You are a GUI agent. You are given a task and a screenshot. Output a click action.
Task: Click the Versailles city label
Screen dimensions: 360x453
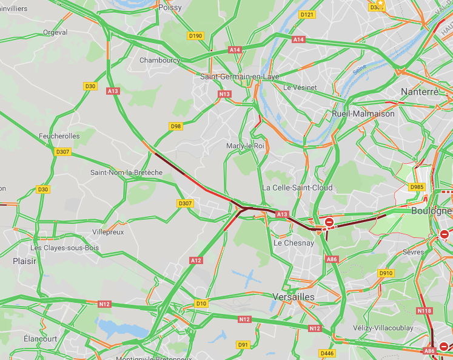[x=294, y=297]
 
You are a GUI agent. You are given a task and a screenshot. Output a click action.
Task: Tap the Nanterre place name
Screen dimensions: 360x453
[x=420, y=92]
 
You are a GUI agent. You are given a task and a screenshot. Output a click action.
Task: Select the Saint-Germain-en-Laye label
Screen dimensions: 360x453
[x=240, y=77]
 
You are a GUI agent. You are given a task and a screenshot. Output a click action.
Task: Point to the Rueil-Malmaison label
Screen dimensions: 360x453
[x=363, y=114]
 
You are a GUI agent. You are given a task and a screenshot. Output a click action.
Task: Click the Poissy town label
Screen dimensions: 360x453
[x=170, y=7]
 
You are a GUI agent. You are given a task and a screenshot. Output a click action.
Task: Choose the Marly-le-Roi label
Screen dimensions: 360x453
[x=246, y=146]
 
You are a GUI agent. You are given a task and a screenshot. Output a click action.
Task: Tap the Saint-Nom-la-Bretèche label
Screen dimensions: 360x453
[x=126, y=172]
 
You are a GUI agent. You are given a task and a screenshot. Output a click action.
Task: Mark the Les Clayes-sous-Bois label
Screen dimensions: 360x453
[x=65, y=248]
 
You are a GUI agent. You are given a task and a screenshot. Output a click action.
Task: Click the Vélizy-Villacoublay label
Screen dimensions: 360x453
[x=383, y=328]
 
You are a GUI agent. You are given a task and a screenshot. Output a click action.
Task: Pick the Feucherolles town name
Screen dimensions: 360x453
[x=59, y=136]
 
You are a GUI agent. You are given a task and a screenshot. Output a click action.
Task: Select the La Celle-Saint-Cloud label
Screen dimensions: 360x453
[x=297, y=188]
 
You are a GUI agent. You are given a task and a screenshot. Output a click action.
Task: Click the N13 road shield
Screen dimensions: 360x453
[x=225, y=95]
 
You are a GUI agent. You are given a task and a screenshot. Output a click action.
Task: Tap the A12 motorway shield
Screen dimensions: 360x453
[x=195, y=260]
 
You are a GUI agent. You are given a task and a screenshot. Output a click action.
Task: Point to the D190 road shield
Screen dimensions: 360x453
[x=195, y=36]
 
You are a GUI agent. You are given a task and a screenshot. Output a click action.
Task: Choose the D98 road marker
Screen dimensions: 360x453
[x=176, y=126]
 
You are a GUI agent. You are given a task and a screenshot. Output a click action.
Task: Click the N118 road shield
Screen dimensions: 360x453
[x=424, y=311]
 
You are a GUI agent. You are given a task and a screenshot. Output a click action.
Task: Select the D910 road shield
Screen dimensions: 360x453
[x=386, y=273]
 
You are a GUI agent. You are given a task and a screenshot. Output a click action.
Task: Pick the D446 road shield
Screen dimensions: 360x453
[x=326, y=353]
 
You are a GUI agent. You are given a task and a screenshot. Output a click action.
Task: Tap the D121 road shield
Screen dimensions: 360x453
[x=307, y=14]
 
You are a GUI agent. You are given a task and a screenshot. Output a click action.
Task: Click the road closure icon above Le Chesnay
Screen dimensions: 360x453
[x=329, y=223]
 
